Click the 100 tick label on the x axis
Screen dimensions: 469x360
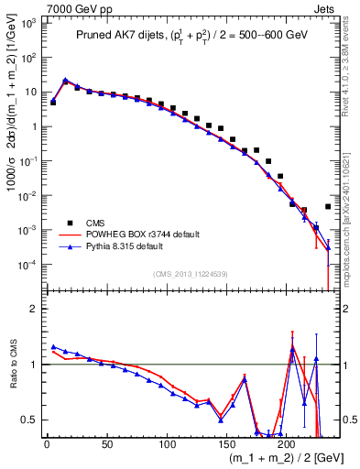(166, 445)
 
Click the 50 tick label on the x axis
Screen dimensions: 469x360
(106, 445)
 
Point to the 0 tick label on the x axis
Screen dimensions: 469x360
(47, 445)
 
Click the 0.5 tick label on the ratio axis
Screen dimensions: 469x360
(29, 420)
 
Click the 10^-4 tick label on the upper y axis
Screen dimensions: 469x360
(27, 265)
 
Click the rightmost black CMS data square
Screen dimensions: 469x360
(328, 207)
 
